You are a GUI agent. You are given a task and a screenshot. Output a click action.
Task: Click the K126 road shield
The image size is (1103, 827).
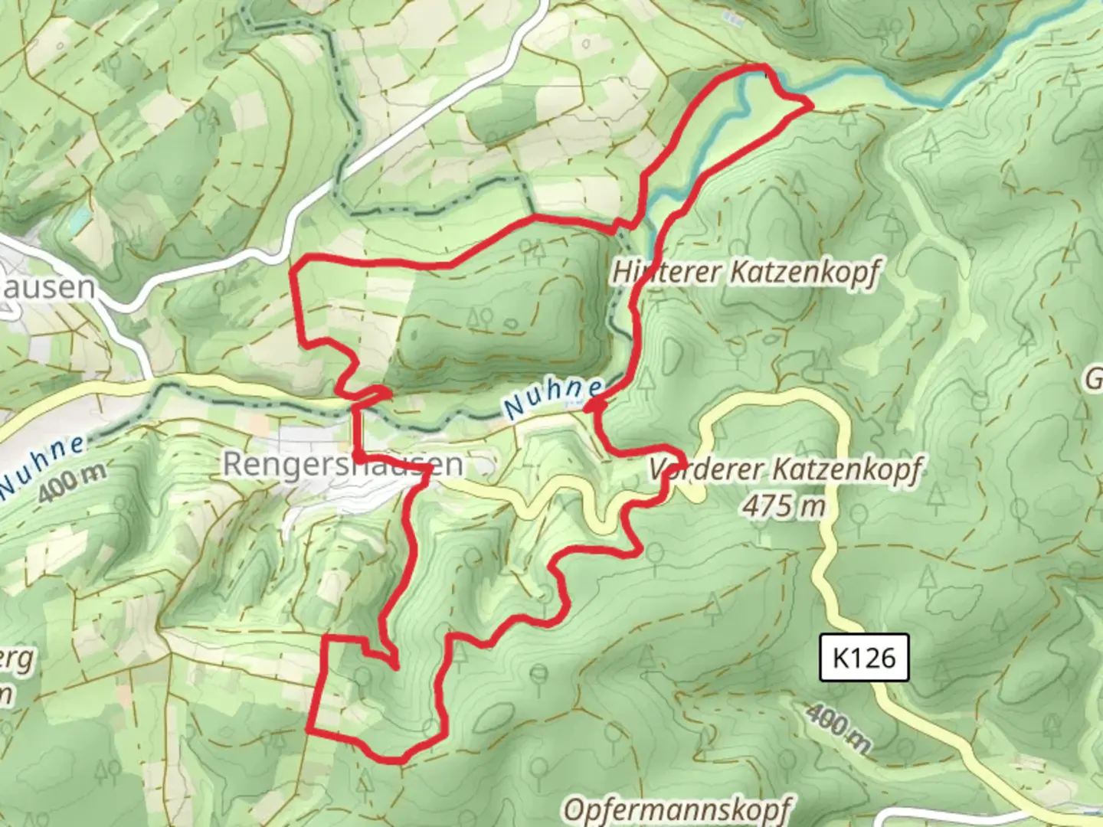[x=864, y=657]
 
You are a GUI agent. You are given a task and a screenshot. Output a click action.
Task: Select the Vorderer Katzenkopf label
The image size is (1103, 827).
[x=785, y=469]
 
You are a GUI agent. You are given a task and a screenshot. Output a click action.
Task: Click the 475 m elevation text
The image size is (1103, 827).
[x=784, y=505]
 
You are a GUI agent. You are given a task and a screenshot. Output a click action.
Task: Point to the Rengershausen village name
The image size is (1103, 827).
[x=343, y=463]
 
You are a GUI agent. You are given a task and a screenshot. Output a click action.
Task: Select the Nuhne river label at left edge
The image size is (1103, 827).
[x=42, y=463]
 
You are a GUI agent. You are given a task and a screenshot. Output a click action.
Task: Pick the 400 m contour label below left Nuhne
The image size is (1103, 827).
[x=73, y=482]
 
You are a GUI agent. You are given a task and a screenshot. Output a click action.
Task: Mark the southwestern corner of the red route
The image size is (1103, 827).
[x=309, y=730]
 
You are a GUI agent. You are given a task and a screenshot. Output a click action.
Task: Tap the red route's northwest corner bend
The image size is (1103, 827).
[x=296, y=267]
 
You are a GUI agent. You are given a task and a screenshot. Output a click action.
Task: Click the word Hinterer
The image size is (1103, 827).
[x=667, y=272]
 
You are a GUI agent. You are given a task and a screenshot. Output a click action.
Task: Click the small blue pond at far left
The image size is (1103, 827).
[x=79, y=220]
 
